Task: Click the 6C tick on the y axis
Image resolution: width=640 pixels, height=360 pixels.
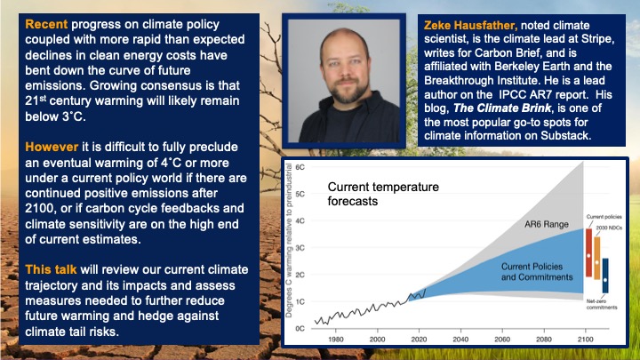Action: pyautogui.click(x=300, y=166)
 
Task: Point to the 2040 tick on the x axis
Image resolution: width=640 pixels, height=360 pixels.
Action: pyautogui.click(x=460, y=338)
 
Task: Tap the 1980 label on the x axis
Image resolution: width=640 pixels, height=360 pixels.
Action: pyautogui.click(x=336, y=338)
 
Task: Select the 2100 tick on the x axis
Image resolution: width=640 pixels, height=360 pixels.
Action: pyautogui.click(x=585, y=338)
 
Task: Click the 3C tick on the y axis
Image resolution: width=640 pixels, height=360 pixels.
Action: pyautogui.click(x=300, y=247)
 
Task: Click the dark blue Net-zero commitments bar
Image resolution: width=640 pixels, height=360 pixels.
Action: pyautogui.click(x=605, y=276)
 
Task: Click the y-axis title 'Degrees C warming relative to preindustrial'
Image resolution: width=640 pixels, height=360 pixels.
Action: pyautogui.click(x=288, y=249)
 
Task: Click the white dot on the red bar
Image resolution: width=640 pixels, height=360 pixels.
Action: pyautogui.click(x=588, y=256)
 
